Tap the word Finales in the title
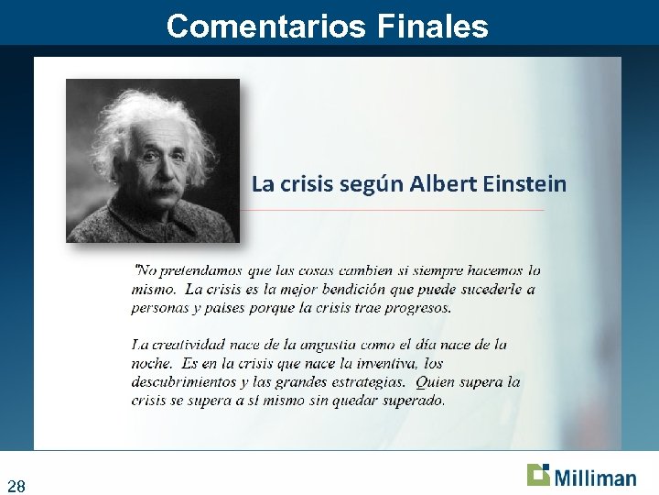coord(432,26)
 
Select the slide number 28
coord(16,485)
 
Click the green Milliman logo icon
coord(538,475)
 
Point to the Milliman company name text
coord(594,478)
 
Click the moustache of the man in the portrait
coord(162,189)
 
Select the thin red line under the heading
coord(394,210)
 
